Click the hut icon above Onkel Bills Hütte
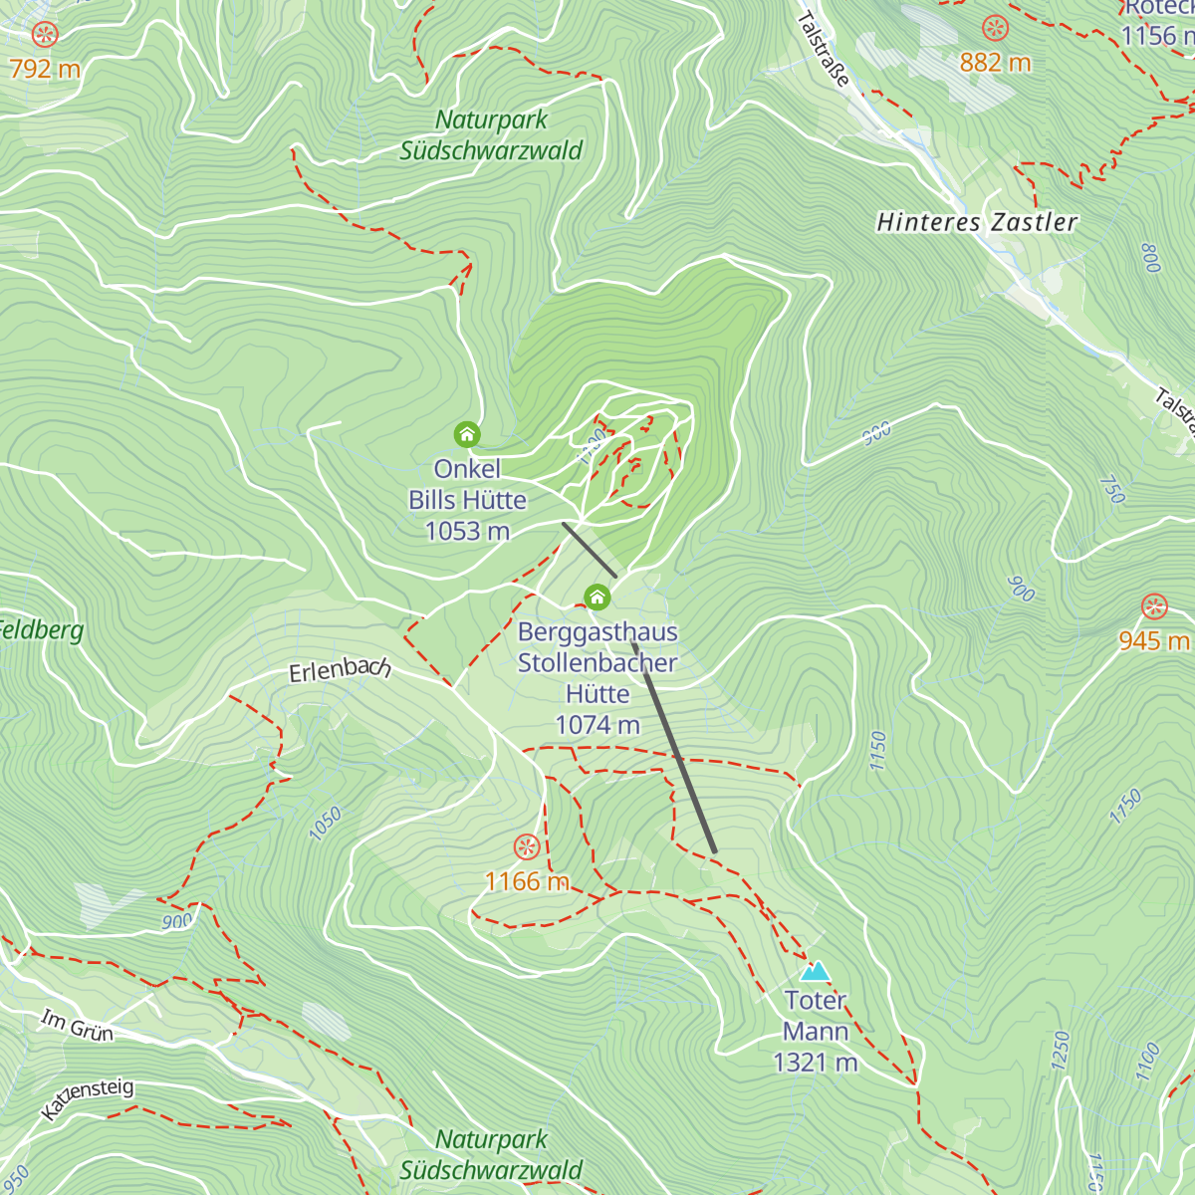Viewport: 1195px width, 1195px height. pos(467,434)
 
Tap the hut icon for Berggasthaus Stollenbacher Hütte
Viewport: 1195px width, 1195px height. pos(597,597)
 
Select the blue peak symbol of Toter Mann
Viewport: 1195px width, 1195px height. pos(815,971)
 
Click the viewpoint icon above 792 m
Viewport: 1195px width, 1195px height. pos(44,35)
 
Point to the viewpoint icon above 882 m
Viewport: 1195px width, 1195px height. pos(995,28)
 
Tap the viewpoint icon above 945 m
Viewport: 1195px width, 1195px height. pos(1154,606)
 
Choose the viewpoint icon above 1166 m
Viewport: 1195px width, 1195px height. pos(527,847)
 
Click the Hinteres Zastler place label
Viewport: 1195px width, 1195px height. pos(977,222)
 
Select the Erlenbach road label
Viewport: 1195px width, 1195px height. pos(340,670)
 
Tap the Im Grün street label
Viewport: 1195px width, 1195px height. pos(77,1026)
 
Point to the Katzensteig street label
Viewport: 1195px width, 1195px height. pos(88,1098)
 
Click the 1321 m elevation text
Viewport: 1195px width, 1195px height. pos(816,1063)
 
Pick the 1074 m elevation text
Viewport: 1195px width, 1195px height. pos(597,725)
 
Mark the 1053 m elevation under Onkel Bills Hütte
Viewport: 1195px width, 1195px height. pos(467,532)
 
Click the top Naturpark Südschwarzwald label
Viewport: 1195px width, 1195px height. pos(491,135)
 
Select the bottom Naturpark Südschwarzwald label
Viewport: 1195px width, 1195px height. pos(491,1155)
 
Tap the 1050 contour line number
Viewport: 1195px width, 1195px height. pos(326,824)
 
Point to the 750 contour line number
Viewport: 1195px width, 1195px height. pos(1112,489)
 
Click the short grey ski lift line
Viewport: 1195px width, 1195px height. pos(590,550)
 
